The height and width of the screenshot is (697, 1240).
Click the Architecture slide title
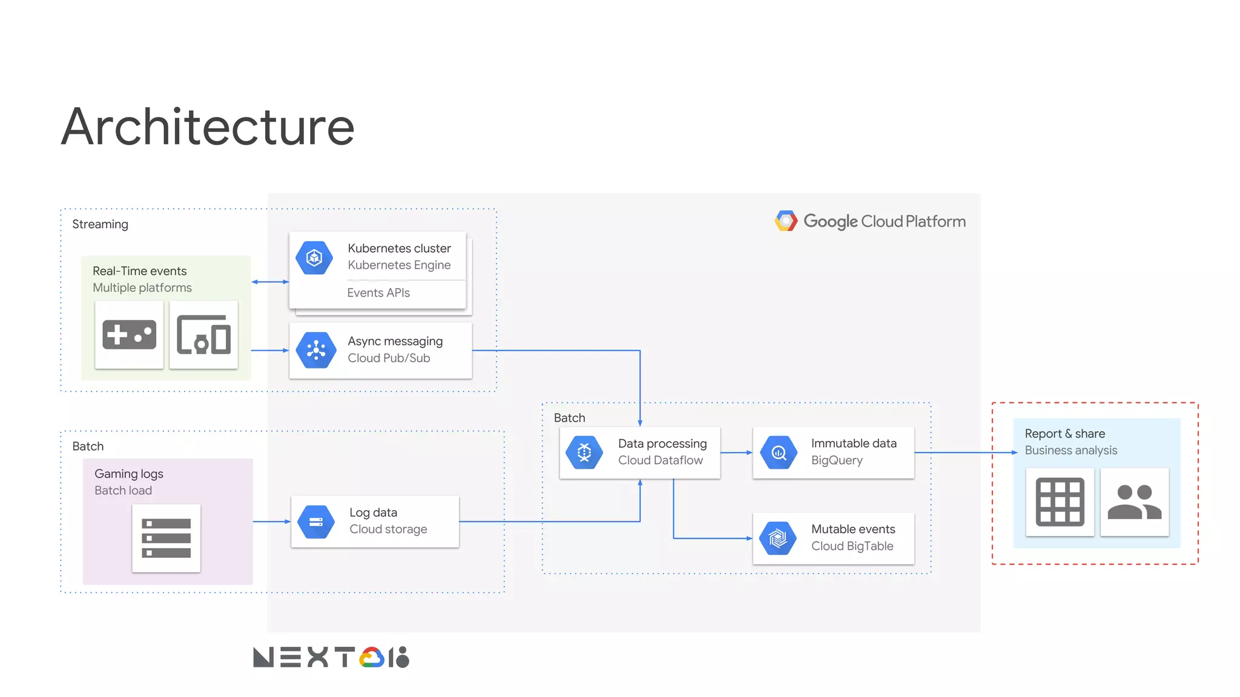coord(208,127)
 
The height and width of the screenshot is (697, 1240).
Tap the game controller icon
coord(130,335)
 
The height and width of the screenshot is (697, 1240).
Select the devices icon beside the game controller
coord(203,335)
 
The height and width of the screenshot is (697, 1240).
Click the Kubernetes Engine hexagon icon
coord(314,258)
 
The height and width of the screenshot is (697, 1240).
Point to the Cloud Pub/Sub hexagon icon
coord(316,350)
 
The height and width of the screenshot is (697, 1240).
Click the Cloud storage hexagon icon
coord(316,522)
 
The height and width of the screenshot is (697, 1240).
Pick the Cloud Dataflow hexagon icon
coord(584,452)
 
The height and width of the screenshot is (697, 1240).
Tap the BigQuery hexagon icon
coord(779,452)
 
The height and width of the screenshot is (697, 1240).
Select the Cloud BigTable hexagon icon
coord(778,538)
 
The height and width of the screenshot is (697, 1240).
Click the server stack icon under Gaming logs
coord(166,538)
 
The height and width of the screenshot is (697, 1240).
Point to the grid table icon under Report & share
coord(1060,502)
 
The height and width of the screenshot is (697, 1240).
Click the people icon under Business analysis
coord(1134,502)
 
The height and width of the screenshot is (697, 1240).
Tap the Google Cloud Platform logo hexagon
coord(786,221)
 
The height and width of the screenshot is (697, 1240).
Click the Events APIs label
coord(378,293)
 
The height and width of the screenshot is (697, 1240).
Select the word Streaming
coord(100,224)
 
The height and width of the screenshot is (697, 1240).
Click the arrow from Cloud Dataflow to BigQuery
coord(736,453)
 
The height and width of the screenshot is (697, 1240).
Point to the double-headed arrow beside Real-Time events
coord(270,282)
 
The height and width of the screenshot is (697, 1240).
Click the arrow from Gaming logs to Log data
coord(271,522)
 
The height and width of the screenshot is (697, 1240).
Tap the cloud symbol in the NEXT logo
coord(372,658)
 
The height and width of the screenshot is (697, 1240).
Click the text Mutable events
coord(853,529)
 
